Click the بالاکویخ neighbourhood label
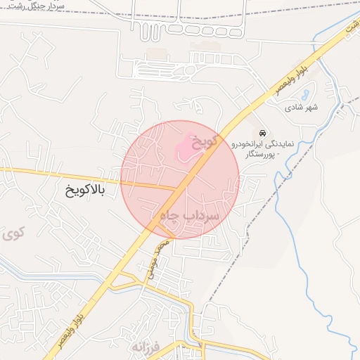pos(84,191)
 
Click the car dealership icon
pos(262,133)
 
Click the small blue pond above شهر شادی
pos(304,94)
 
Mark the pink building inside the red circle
pos(185,148)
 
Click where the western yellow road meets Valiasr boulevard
pos(176,188)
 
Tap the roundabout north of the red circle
pos(189,70)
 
